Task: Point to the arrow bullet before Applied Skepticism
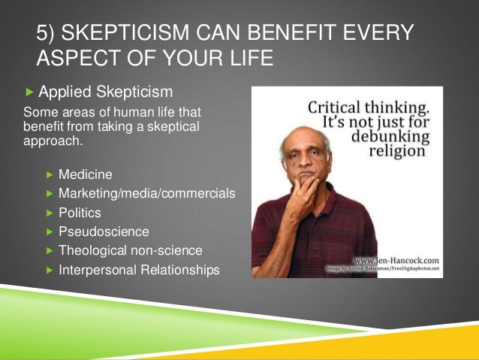(x=29, y=92)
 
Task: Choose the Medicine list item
(x=86, y=175)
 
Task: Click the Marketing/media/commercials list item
(x=147, y=194)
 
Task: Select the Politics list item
(x=80, y=213)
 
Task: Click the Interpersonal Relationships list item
(x=139, y=269)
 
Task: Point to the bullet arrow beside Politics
(x=50, y=213)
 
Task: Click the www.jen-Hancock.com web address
(x=395, y=259)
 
